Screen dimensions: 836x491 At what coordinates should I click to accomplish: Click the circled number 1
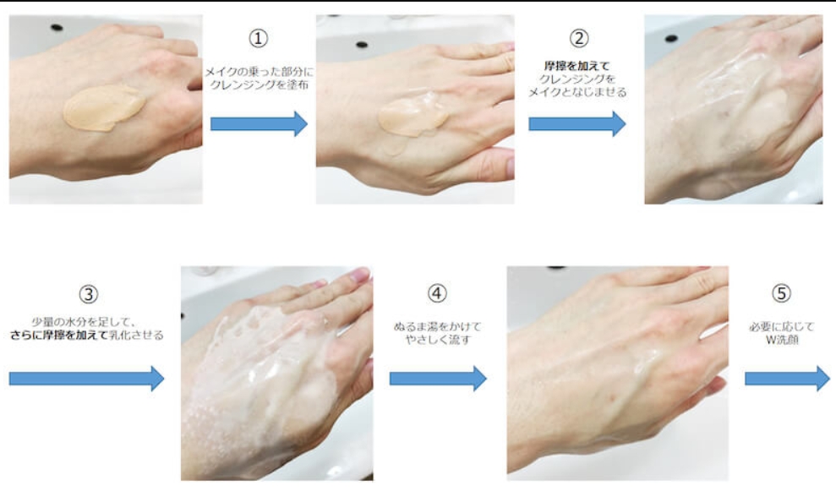coord(259,38)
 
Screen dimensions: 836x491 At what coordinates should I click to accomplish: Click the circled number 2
coord(579,38)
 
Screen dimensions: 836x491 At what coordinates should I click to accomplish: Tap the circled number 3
coord(89,294)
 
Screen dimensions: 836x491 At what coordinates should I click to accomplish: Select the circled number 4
coord(437,293)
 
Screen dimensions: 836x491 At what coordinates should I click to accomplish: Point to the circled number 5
coord(782,293)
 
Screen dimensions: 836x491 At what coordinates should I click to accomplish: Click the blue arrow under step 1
coord(260,123)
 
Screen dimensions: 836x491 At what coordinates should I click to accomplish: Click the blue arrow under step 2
coord(576,123)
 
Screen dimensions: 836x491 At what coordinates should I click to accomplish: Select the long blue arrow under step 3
coord(86,379)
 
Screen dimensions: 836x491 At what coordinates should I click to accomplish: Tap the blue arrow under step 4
coord(438,379)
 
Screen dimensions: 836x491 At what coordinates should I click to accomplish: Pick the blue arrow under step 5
coord(787,379)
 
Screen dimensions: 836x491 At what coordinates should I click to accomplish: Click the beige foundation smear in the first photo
coord(105,107)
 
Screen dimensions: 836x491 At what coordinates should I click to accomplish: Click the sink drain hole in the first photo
coord(56,27)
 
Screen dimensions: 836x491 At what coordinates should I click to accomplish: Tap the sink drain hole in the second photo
coord(362,44)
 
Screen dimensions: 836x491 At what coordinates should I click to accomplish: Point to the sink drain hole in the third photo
coord(671,38)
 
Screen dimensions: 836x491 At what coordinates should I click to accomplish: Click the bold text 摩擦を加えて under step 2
coord(576,66)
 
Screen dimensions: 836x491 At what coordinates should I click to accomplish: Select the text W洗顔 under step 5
coord(782,340)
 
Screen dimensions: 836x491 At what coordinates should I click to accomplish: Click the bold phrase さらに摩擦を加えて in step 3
coord(58,336)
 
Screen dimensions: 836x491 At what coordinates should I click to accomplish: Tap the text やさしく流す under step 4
coord(438,340)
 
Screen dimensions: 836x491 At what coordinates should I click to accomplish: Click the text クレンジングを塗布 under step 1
coord(260,85)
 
